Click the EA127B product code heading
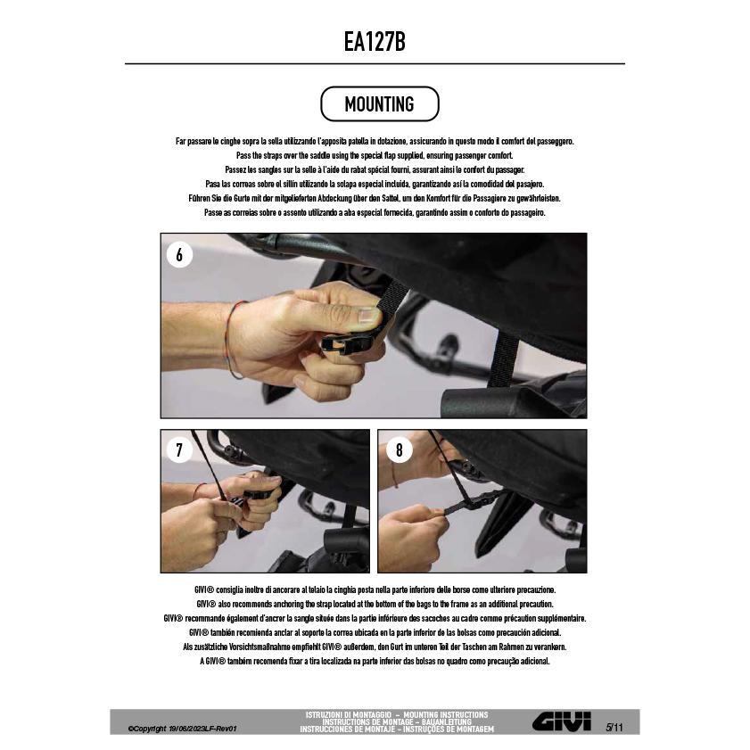click(375, 42)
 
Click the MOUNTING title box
click(379, 103)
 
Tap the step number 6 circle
click(179, 254)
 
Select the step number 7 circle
click(179, 450)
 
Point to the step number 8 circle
click(400, 450)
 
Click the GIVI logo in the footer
click(562, 721)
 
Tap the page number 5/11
click(614, 728)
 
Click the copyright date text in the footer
click(182, 729)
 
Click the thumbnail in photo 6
click(369, 315)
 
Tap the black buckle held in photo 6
click(347, 343)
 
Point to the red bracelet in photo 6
click(233, 338)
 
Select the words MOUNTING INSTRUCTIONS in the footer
click(445, 714)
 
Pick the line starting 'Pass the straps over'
click(375, 155)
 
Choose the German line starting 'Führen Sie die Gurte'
click(375, 198)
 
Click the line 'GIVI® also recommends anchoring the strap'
click(375, 604)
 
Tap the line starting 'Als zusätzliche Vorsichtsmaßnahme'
click(375, 647)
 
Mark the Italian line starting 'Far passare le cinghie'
click(375, 141)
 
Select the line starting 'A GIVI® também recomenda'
click(375, 661)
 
